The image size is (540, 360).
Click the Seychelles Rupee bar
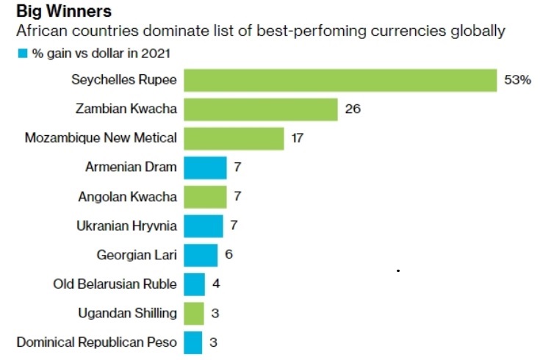tap(340, 80)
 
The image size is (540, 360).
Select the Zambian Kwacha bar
tap(260, 109)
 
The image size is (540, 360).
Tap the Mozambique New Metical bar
tap(234, 138)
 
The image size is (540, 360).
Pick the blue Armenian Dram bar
tap(205, 168)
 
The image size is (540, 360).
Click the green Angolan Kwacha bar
tap(205, 196)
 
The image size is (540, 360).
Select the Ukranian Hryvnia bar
tap(203, 226)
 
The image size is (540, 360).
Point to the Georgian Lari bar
tap(201, 255)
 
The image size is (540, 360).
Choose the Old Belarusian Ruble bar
tap(194, 284)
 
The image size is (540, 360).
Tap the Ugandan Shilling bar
tap(193, 313)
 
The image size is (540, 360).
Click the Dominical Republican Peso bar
tap(192, 342)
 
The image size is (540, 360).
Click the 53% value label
tap(517, 80)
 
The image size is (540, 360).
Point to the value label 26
tap(352, 109)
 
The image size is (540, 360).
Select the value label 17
tap(297, 138)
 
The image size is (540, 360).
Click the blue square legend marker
tap(22, 54)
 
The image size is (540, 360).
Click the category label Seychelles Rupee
tap(124, 80)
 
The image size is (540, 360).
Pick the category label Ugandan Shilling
tap(127, 313)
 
